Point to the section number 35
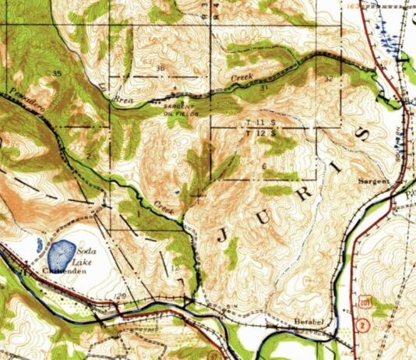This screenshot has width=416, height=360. point(57,73)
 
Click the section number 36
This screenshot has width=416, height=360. point(161,69)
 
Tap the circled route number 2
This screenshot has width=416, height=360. point(362,326)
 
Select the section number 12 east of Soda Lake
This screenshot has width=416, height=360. point(176,268)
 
